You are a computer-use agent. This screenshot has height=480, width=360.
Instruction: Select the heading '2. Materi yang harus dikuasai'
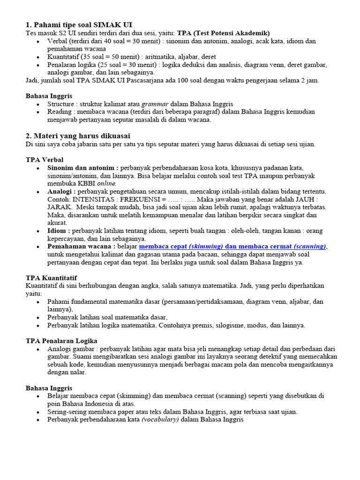[x=78, y=135]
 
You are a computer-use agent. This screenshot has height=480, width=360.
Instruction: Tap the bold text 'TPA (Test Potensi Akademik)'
[x=224, y=33]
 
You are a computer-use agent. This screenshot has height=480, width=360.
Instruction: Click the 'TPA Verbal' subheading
[x=45, y=160]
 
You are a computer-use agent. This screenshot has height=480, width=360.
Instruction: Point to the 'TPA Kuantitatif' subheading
[x=51, y=278]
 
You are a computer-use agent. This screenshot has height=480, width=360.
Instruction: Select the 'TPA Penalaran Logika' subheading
[x=61, y=341]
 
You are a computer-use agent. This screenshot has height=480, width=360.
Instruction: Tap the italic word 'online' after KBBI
[x=106, y=183]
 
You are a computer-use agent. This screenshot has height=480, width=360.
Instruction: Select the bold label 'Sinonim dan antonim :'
[x=82, y=167]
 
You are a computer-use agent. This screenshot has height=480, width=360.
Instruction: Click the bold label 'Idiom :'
[x=59, y=231]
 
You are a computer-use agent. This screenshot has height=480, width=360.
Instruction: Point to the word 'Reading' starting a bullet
[x=60, y=112]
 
